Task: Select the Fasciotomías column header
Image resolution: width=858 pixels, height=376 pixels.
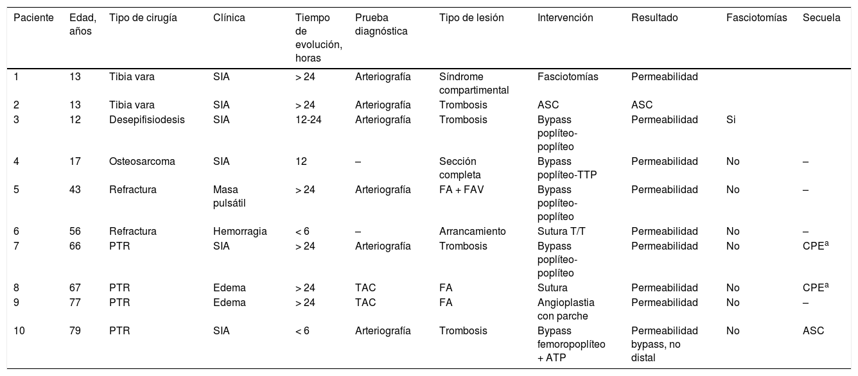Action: [757, 18]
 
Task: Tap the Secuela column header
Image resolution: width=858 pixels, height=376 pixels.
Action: [821, 18]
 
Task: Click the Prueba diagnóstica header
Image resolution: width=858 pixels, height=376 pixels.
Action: [381, 24]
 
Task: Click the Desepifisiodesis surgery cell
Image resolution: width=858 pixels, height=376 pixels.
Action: [147, 119]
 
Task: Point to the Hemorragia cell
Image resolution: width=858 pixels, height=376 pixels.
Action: [240, 231]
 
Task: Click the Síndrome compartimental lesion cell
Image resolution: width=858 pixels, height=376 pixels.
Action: [474, 83]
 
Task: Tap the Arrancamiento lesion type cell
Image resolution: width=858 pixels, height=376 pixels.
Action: [473, 231]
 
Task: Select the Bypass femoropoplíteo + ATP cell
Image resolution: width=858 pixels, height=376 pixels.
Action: [571, 343]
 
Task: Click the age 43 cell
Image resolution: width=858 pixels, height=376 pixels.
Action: [75, 190]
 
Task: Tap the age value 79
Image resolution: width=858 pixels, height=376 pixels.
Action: [75, 331]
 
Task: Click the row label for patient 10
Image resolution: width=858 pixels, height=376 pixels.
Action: [19, 331]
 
